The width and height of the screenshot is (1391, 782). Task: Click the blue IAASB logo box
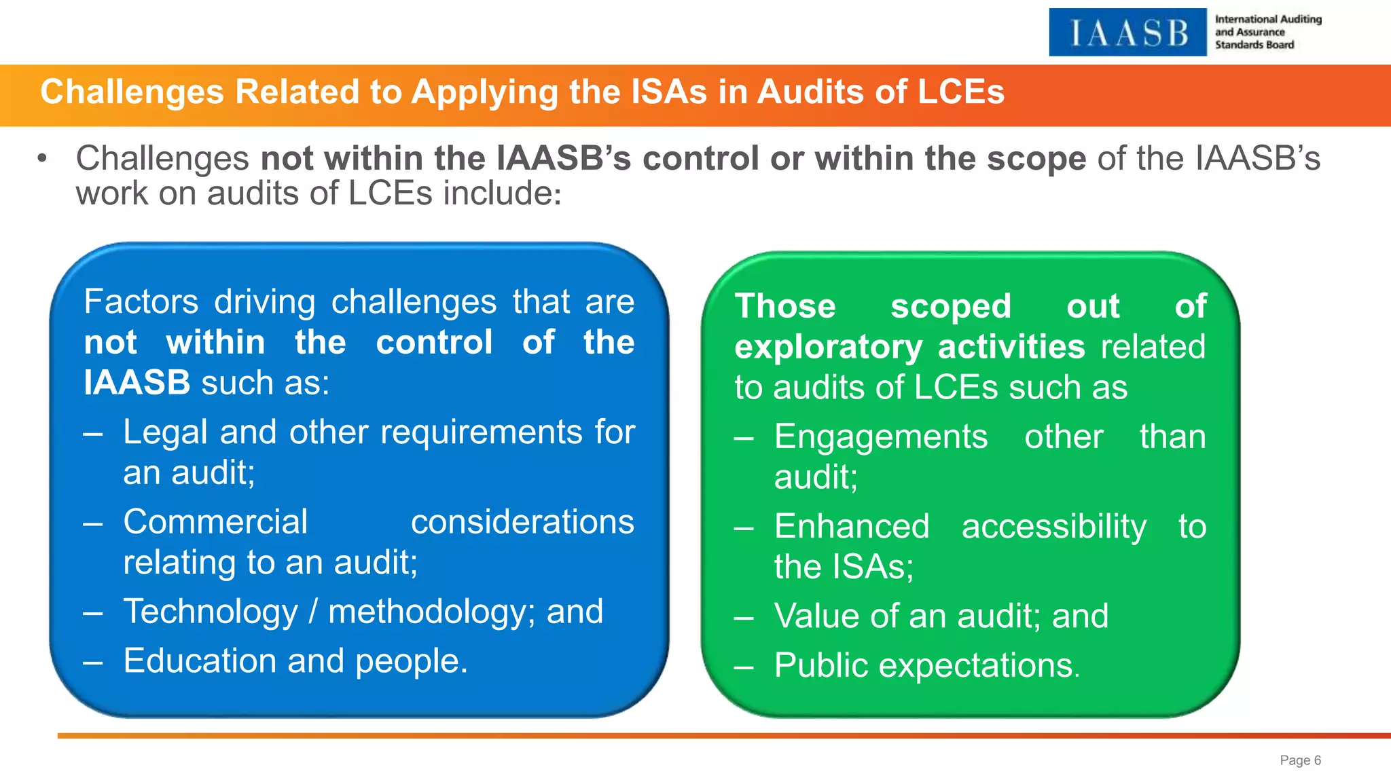(1127, 32)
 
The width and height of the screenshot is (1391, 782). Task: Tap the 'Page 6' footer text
(1300, 760)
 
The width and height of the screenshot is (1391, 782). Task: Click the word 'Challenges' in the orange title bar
(132, 92)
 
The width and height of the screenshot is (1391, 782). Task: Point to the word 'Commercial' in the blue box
(215, 522)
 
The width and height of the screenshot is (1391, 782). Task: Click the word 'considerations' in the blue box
(522, 522)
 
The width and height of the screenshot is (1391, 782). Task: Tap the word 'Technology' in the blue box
(211, 612)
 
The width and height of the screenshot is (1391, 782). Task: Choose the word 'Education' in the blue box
(200, 661)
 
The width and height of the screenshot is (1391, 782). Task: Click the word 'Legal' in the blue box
(161, 432)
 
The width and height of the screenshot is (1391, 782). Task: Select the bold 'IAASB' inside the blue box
(137, 383)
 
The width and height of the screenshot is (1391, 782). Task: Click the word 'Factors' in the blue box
(141, 301)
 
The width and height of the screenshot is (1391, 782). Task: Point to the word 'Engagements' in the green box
(881, 436)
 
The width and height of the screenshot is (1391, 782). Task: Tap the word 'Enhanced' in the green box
(852, 527)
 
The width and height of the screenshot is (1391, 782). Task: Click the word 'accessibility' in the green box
(1053, 527)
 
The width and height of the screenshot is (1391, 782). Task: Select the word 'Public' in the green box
(820, 665)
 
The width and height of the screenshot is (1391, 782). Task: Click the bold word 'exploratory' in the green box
(828, 348)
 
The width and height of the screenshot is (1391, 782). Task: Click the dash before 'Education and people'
(93, 662)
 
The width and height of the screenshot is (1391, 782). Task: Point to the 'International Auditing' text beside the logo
(1268, 20)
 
